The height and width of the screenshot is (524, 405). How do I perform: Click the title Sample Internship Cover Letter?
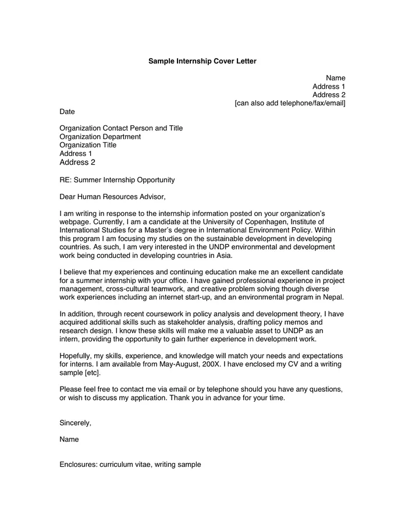(x=202, y=61)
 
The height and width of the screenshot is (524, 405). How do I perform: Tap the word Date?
(x=67, y=111)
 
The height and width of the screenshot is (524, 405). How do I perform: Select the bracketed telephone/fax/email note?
(x=290, y=103)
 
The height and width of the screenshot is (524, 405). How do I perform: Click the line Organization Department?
(x=100, y=137)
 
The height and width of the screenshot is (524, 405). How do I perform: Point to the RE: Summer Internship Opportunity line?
(x=117, y=180)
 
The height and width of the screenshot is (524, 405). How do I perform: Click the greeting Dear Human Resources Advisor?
(x=116, y=197)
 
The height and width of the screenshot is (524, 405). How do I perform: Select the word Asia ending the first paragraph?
(x=223, y=256)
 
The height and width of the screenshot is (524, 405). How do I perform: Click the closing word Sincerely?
(x=75, y=423)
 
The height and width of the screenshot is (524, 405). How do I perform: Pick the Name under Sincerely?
(x=69, y=440)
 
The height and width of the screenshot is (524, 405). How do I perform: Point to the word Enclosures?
(x=77, y=465)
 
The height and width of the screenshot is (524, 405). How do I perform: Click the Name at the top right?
(x=335, y=77)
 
